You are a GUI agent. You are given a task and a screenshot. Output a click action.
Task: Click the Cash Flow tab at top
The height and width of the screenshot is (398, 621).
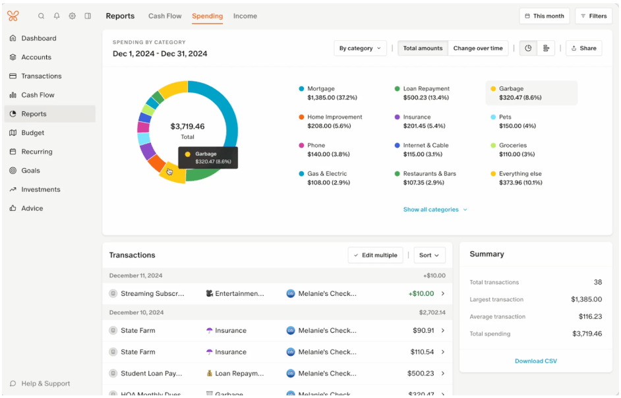click(x=165, y=16)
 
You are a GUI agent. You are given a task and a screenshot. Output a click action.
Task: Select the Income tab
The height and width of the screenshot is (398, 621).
click(x=245, y=16)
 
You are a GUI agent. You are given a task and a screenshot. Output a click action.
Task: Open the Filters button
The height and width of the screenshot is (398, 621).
click(x=593, y=16)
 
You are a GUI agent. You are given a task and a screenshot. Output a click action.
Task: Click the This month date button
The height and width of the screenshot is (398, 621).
click(x=544, y=16)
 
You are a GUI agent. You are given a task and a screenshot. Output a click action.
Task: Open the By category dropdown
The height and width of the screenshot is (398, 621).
click(x=360, y=48)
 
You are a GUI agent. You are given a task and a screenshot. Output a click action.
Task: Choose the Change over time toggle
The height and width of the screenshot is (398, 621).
click(x=477, y=48)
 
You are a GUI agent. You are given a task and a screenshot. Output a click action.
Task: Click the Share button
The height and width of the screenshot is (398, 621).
click(x=583, y=48)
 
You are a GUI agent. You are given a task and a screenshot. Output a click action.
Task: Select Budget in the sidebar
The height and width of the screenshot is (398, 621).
click(x=32, y=132)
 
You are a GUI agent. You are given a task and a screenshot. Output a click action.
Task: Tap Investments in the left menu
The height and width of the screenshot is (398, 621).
click(x=40, y=189)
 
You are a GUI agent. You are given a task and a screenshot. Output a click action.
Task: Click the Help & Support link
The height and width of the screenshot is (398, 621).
click(x=45, y=384)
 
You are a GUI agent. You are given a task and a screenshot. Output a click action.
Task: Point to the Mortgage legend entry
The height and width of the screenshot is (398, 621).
click(x=321, y=89)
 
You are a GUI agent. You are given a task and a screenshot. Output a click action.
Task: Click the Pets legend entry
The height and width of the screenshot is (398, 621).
click(x=506, y=117)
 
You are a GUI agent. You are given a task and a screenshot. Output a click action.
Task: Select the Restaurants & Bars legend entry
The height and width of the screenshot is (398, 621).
click(x=429, y=174)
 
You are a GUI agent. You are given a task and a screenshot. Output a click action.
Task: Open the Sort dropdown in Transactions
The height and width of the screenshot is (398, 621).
click(x=429, y=255)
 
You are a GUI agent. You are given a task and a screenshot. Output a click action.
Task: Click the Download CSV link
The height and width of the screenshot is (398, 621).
click(x=535, y=361)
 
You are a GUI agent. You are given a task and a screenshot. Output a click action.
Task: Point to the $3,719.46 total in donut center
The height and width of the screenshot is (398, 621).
click(x=187, y=127)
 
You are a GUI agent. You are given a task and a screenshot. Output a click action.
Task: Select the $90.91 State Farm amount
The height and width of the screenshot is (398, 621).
click(x=423, y=331)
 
